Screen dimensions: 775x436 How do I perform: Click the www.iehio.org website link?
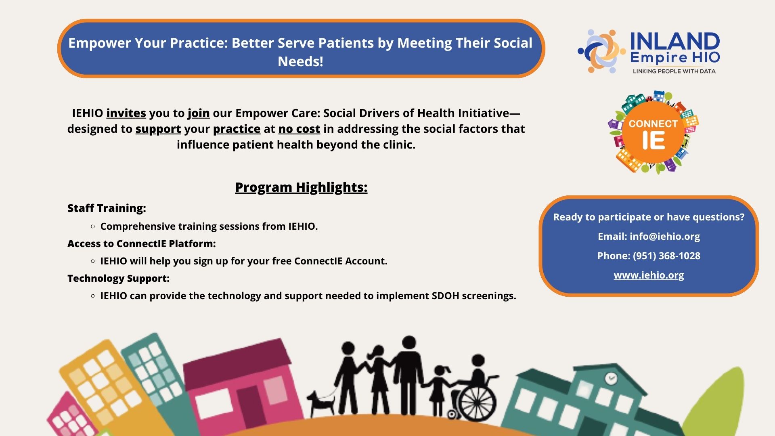point(649,275)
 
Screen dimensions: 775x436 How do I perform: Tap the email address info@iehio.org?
point(665,237)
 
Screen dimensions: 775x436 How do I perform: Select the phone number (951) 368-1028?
point(666,256)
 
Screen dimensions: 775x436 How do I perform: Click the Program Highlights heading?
point(301,187)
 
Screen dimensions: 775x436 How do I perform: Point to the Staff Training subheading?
point(107,208)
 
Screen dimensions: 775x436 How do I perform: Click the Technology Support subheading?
point(118,279)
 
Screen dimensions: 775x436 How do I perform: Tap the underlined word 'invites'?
point(126,113)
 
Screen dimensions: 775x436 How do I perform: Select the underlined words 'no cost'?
point(299,129)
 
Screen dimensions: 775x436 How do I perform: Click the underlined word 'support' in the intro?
point(158,130)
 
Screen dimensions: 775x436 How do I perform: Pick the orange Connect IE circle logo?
point(653,132)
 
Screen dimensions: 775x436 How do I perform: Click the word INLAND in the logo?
point(675,41)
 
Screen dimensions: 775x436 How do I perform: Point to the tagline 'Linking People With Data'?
point(674,71)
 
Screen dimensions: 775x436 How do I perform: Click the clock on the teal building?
point(611,379)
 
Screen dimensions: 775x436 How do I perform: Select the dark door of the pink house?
point(249,408)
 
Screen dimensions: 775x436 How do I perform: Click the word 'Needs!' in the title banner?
point(300,62)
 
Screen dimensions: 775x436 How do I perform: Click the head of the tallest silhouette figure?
point(409,343)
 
